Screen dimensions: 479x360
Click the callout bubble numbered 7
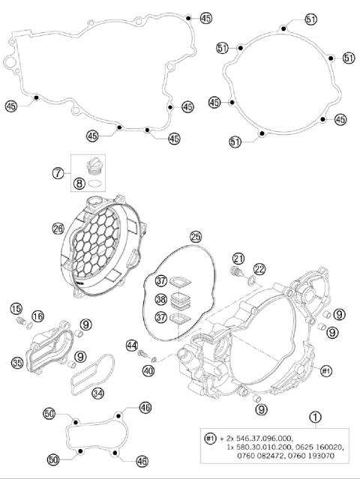tap(58, 173)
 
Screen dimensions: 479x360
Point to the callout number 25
tap(196, 236)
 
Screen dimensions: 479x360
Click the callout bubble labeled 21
tap(238, 259)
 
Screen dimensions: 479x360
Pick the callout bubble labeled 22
tap(259, 268)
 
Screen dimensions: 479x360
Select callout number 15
tap(16, 309)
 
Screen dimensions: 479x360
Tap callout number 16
tap(37, 316)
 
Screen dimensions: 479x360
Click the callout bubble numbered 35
tap(17, 364)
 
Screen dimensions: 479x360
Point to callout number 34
tap(97, 392)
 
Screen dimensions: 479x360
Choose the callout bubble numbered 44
tap(132, 346)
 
